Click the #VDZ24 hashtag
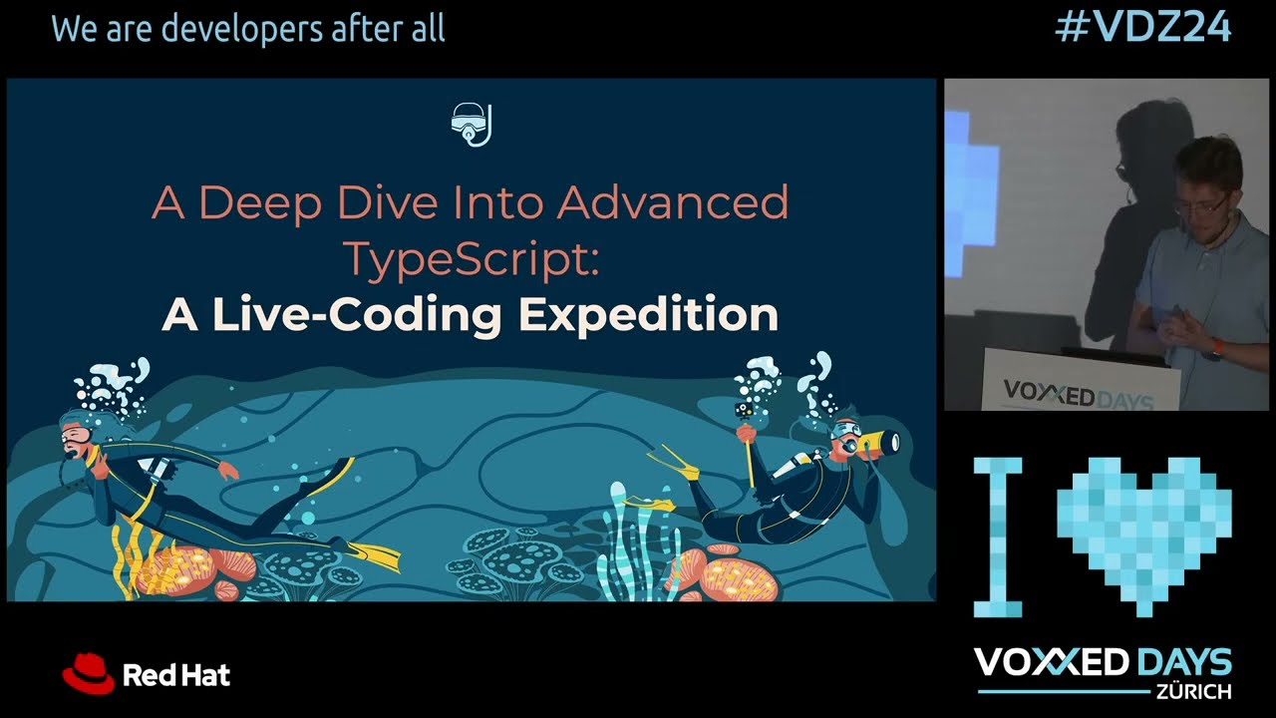click(1143, 28)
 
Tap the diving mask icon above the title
click(471, 125)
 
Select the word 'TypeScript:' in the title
click(471, 258)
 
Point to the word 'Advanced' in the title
click(673, 202)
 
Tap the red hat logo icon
click(88, 673)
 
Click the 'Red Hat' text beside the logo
click(176, 675)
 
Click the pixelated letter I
click(998, 537)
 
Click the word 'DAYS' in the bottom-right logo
click(1183, 661)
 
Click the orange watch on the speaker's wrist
click(1216, 349)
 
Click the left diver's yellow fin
click(375, 554)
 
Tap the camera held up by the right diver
click(744, 409)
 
